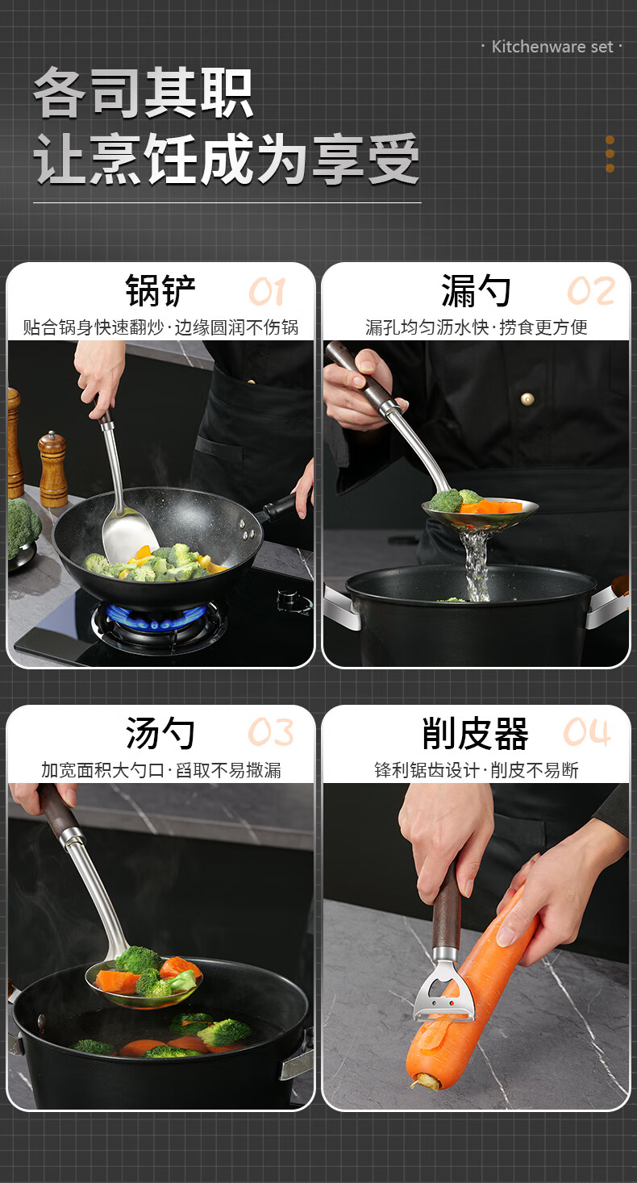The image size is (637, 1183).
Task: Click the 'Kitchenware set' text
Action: pyautogui.click(x=552, y=47)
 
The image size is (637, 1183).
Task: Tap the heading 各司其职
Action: pyautogui.click(x=144, y=93)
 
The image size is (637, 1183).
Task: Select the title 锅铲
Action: pyautogui.click(x=160, y=290)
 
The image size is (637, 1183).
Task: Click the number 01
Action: pyautogui.click(x=267, y=292)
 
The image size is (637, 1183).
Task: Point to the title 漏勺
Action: pyautogui.click(x=476, y=290)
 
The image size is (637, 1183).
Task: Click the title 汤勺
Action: pyautogui.click(x=160, y=733)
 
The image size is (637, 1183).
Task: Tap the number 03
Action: pyautogui.click(x=271, y=732)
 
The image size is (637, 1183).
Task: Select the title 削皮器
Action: pyautogui.click(x=476, y=733)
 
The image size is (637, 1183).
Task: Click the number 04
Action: pyautogui.click(x=587, y=732)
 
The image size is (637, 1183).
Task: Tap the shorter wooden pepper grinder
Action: pyautogui.click(x=53, y=469)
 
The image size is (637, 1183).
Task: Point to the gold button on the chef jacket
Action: pyautogui.click(x=527, y=398)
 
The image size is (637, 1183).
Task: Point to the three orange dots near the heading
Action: pyautogui.click(x=610, y=154)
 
